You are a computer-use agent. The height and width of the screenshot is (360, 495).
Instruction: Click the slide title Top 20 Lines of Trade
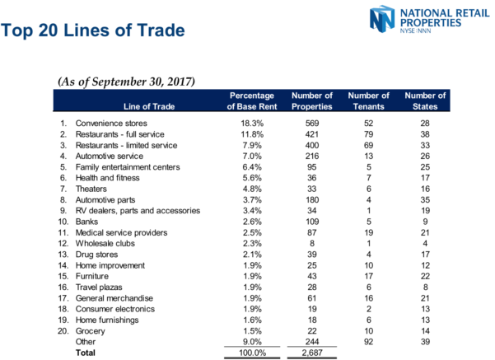click(x=92, y=31)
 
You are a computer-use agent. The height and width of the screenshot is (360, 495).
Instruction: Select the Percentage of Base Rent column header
click(x=251, y=101)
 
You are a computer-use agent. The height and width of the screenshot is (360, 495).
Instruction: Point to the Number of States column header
click(x=427, y=101)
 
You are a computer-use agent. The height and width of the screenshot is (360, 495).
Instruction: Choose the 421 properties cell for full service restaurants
click(x=311, y=133)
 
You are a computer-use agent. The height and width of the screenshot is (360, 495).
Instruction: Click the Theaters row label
click(x=91, y=188)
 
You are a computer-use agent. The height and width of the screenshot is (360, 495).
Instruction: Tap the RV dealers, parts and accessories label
click(x=138, y=211)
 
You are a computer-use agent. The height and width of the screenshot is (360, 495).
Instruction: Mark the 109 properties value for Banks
click(x=311, y=222)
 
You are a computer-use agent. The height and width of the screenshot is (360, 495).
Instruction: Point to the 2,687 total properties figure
click(x=311, y=353)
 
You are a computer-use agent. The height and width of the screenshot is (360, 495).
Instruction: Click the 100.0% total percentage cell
click(x=250, y=353)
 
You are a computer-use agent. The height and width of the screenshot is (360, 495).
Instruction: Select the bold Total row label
click(x=86, y=353)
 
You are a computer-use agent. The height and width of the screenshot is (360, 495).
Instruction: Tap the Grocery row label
click(x=90, y=330)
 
